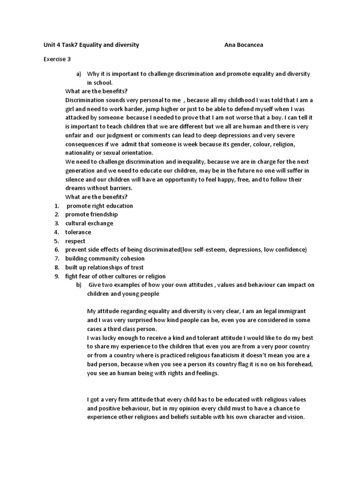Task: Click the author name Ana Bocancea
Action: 247,45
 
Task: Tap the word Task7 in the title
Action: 67,45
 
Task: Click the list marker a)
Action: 79,74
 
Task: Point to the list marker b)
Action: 79,285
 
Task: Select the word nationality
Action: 83,153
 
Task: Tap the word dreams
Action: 77,188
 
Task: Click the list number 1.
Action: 56,206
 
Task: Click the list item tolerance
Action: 78,232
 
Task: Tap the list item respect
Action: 75,241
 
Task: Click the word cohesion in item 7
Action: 132,258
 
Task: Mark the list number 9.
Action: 56,276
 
